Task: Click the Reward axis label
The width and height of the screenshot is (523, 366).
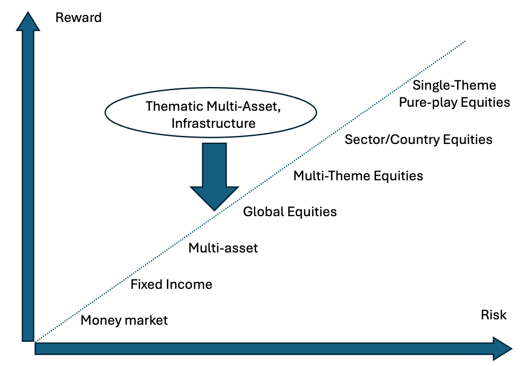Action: (78, 17)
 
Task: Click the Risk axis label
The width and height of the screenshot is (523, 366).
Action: (493, 315)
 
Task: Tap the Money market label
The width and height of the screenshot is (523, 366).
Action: (124, 320)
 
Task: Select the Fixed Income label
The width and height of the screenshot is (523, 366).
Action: (171, 284)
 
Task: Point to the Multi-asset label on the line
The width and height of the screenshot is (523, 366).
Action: (223, 248)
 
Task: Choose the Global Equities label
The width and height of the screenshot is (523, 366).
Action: (290, 211)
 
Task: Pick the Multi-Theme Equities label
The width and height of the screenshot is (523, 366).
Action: (358, 175)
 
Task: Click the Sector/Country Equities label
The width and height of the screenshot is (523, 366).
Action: (418, 139)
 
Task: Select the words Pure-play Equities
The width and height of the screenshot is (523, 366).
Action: (454, 102)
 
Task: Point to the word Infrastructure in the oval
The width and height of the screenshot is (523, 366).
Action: (213, 123)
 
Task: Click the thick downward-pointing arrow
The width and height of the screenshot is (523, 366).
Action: (214, 175)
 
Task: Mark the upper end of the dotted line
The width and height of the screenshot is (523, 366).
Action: (466, 41)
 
